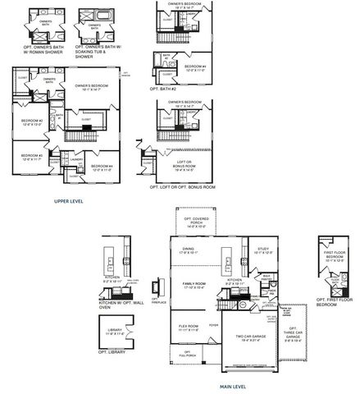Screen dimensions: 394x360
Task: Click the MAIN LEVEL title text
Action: (235, 383)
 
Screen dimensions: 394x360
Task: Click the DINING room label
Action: (188, 250)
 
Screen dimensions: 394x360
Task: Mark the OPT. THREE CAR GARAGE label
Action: (290, 335)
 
